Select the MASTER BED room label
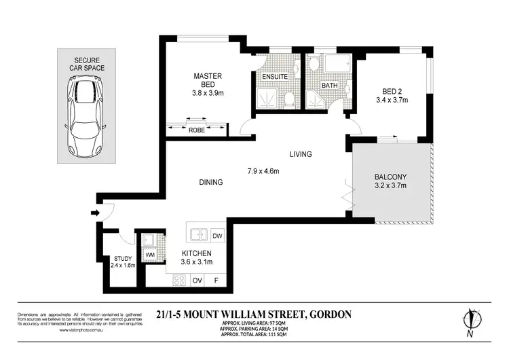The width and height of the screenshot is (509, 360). click(x=204, y=81)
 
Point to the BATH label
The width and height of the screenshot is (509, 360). click(x=329, y=86)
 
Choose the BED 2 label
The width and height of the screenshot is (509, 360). click(x=392, y=94)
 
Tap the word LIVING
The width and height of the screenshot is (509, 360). click(x=300, y=154)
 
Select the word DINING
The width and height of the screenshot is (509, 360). click(x=210, y=182)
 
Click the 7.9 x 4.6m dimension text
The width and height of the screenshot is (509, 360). click(x=263, y=170)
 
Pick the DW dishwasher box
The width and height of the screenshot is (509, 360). click(x=217, y=235)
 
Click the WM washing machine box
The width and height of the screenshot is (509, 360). click(x=149, y=255)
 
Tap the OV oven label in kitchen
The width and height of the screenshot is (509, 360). click(x=198, y=280)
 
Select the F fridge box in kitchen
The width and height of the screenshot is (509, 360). click(x=216, y=280)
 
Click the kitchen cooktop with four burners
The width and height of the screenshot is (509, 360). click(x=180, y=280)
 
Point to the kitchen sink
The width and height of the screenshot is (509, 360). click(x=198, y=235)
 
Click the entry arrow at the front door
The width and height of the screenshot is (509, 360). click(x=94, y=212)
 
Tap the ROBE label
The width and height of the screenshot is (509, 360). click(x=197, y=129)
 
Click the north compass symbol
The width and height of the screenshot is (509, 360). click(x=470, y=323)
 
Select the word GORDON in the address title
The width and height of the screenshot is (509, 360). click(x=329, y=314)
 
